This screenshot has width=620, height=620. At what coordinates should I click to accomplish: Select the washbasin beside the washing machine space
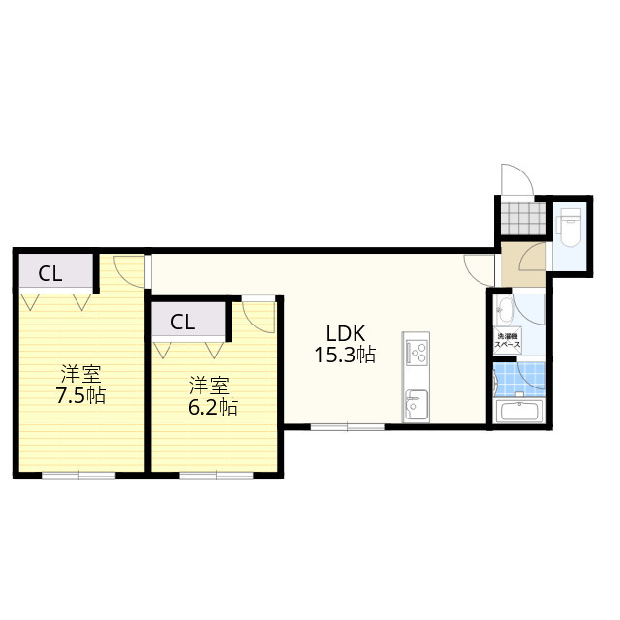coord(505,310)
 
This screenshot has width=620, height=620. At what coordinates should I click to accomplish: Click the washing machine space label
coord(509,341)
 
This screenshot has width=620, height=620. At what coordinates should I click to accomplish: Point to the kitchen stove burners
coord(416,353)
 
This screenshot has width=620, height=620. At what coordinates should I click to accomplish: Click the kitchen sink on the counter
coord(416,405)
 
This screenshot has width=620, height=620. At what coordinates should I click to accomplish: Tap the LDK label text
coord(345,334)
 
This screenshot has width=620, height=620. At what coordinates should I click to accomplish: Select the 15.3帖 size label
coord(345,356)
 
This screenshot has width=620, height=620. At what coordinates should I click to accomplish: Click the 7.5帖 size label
coord(80,395)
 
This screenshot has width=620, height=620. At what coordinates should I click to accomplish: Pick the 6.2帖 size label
coord(213,407)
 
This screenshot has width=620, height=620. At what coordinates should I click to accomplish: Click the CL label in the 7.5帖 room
coord(50,273)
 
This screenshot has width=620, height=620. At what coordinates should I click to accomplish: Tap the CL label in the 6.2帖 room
coord(183,323)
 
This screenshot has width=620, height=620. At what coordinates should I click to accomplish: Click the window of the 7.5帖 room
coord(78,475)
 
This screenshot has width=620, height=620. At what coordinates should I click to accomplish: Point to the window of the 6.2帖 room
coord(216,475)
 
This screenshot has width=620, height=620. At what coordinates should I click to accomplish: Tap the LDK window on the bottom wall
coord(347,427)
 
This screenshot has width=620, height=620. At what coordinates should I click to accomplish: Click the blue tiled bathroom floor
coord(520,380)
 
